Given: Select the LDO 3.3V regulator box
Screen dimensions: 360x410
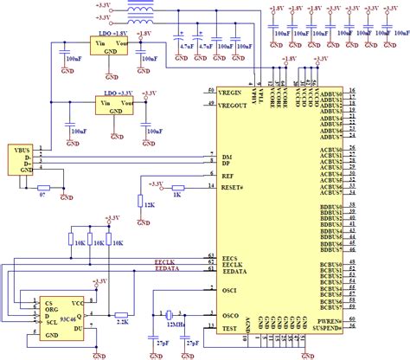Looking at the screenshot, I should tap(117, 105).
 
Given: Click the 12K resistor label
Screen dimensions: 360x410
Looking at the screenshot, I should tap(150, 204).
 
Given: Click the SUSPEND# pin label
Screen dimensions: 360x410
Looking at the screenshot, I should tap(327, 327).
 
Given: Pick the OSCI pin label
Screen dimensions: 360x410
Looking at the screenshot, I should tap(230, 289).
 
